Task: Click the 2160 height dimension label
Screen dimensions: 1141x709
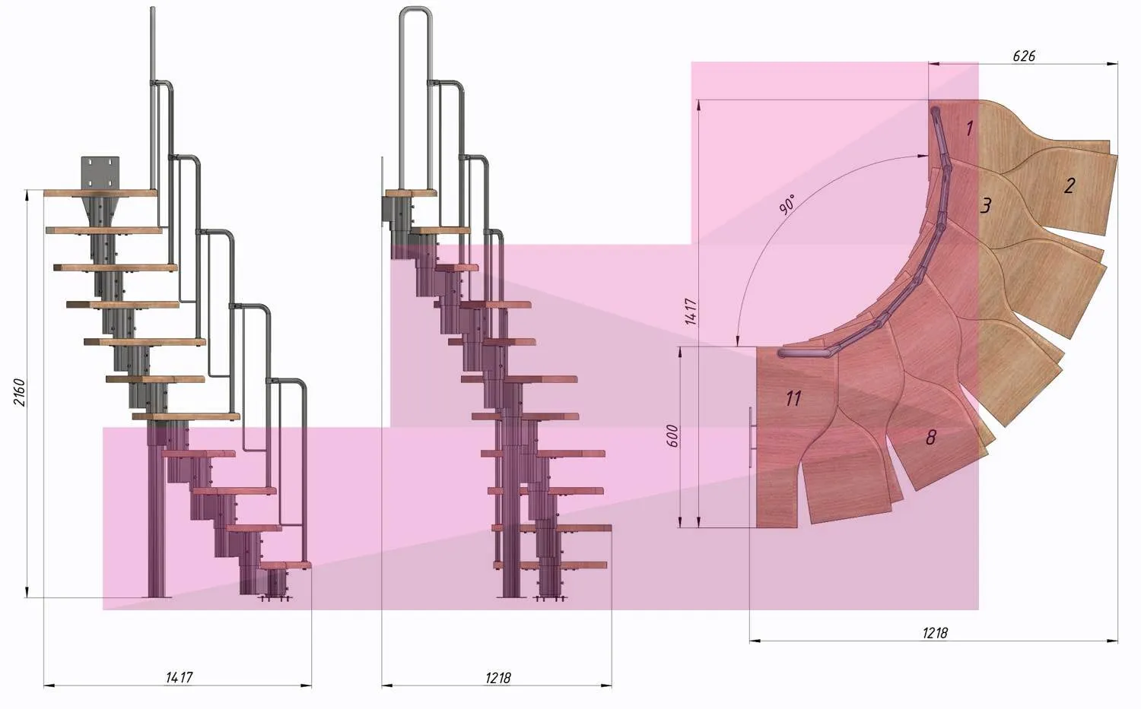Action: (19, 391)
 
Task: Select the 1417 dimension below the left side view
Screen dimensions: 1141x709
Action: (180, 677)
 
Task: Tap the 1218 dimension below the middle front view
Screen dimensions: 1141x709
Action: (497, 677)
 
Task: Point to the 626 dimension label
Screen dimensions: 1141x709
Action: (1023, 55)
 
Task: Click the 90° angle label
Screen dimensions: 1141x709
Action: (787, 204)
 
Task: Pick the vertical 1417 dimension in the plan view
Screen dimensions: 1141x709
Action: (691, 312)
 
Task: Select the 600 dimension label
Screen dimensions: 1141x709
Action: (673, 435)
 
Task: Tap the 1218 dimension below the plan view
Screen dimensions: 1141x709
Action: (935, 633)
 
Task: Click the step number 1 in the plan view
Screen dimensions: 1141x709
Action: (969, 128)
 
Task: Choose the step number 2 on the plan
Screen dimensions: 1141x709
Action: (1069, 185)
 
